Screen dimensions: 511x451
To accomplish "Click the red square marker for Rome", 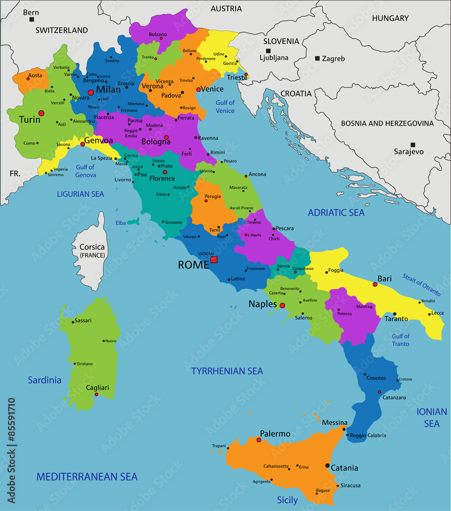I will point(214,260).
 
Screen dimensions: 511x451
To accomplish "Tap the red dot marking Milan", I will point(91,92).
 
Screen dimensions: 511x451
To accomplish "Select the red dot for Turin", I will point(41,113).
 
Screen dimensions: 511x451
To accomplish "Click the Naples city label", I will point(263,304).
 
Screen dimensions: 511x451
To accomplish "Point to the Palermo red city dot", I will point(259,440).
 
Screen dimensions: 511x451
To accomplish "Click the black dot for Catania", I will point(327,466).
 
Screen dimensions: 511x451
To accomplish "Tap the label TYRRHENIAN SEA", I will point(227,371).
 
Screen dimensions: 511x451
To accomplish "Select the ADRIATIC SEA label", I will point(336,213).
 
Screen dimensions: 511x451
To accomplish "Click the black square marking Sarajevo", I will point(413,145).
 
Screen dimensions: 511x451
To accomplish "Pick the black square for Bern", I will point(32,19).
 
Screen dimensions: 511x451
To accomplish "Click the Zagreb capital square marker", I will point(317,58).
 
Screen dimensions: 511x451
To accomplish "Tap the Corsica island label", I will point(92,247).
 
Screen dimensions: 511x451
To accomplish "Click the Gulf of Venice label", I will point(225,107).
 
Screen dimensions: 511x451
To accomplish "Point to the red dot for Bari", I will point(375,284).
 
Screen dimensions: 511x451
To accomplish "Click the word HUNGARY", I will point(390,18).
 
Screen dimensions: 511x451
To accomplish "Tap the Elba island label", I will point(121,223).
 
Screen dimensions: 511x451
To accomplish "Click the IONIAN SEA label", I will point(428,417).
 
